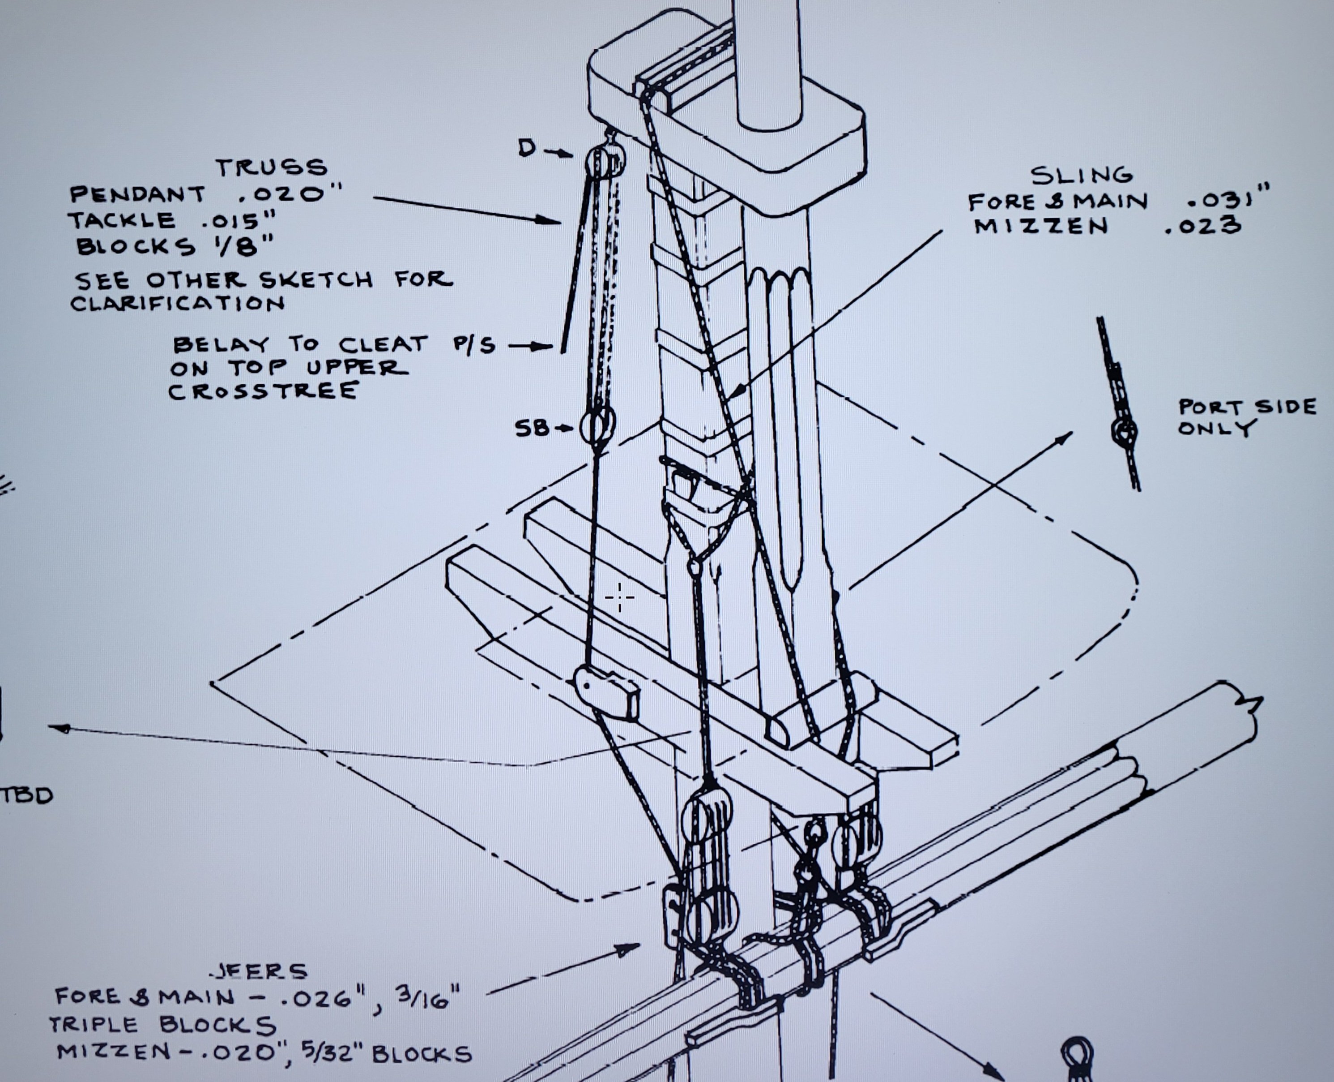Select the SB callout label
click(532, 428)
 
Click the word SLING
click(1081, 175)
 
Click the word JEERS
click(260, 970)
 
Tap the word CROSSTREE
click(264, 391)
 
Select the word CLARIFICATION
click(178, 304)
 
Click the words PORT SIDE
click(1248, 407)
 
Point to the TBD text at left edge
click(27, 795)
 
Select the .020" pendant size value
click(291, 194)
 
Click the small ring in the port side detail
click(1124, 431)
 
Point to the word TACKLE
click(122, 220)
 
